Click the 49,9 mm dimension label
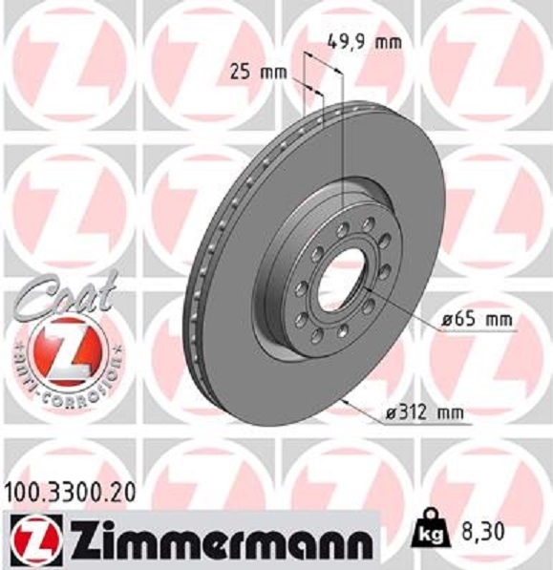pyautogui.click(x=364, y=41)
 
